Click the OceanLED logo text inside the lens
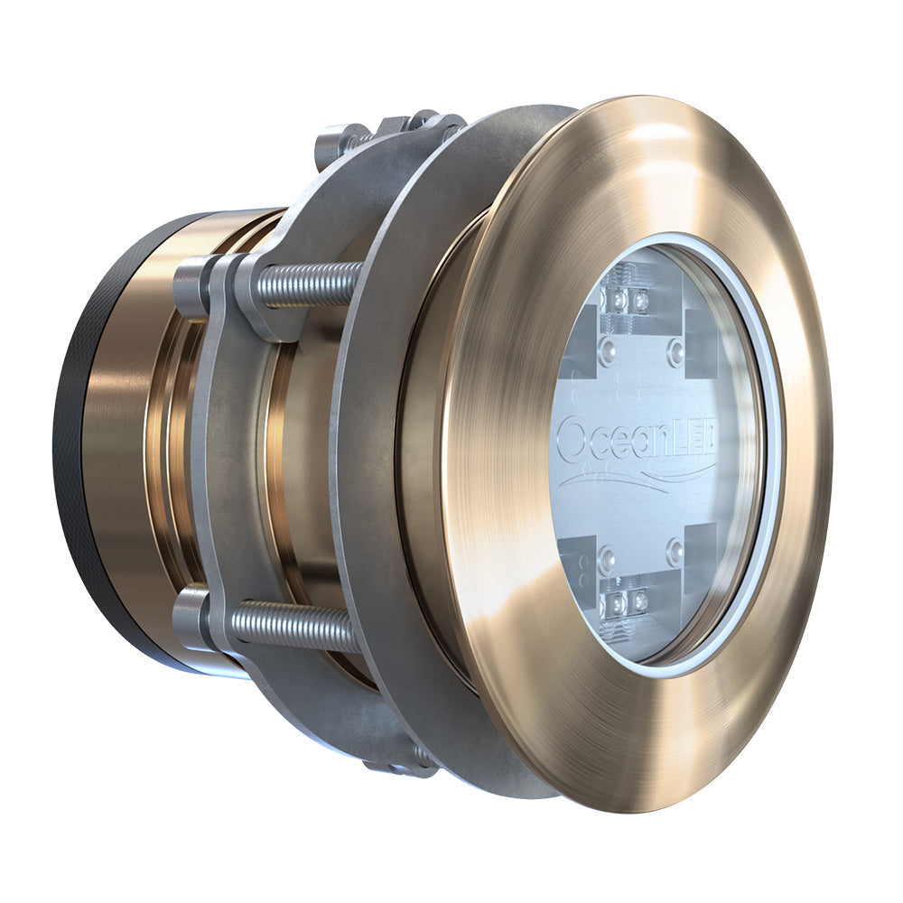[x=637, y=440]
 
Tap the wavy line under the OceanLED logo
[x=637, y=477]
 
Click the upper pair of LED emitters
[x=628, y=299]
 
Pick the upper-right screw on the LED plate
[x=675, y=350]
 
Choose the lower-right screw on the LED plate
[x=675, y=552]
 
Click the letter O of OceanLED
[x=572, y=440]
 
